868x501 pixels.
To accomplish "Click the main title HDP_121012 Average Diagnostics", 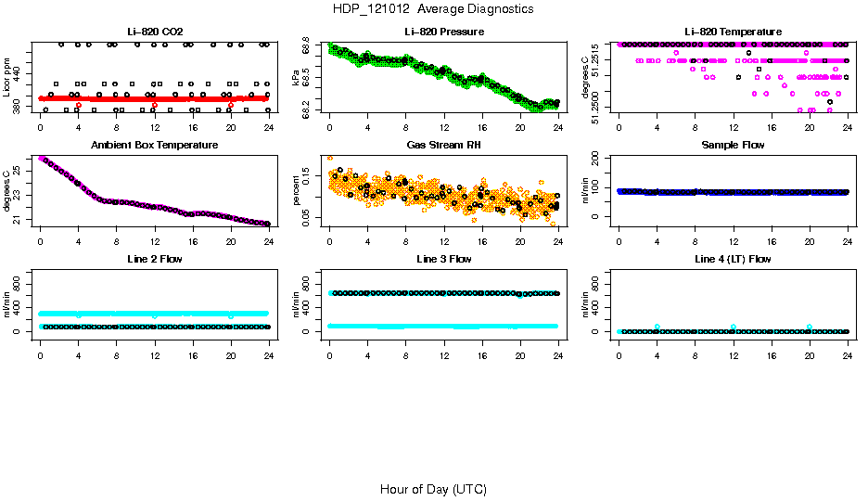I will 433,9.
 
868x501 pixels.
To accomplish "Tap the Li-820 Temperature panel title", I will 733,32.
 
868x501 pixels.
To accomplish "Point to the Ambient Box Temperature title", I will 155,146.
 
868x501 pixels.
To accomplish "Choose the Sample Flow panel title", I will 733,146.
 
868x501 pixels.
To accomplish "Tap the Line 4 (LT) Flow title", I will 733,259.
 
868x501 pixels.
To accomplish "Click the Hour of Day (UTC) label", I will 433,489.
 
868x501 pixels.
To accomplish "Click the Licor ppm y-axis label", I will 7,78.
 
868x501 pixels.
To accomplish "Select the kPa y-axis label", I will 297,78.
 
